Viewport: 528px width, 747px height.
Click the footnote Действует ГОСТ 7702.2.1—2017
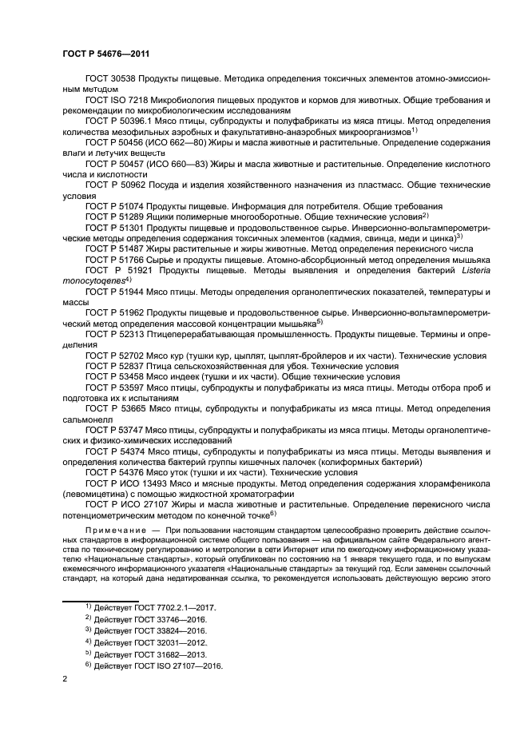coord(155,608)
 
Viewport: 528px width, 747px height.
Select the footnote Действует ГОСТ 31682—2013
coord(149,654)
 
